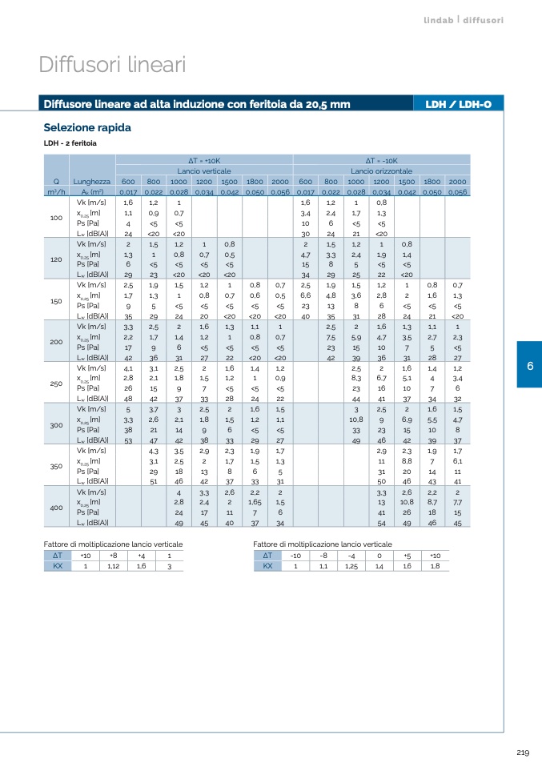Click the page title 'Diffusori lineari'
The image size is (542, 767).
(112, 65)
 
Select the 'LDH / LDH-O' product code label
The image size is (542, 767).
(458, 104)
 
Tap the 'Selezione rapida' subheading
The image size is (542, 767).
(86, 128)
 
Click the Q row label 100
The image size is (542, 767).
(56, 218)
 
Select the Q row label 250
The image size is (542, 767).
(56, 383)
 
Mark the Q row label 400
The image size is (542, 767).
(56, 508)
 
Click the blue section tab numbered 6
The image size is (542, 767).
(529, 366)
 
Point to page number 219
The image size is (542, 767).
(523, 751)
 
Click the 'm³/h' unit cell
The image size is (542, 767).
(56, 192)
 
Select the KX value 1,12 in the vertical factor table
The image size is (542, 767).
(114, 565)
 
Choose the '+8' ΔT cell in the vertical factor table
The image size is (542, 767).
(114, 555)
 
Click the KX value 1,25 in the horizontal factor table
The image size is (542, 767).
(351, 565)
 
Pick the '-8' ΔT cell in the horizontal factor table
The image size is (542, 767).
(323, 555)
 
